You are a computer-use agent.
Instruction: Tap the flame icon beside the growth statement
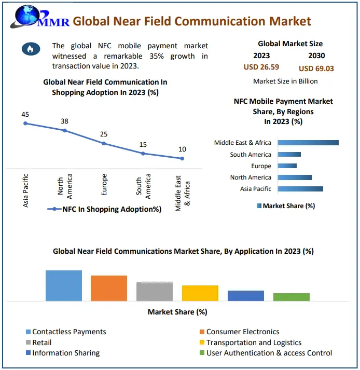[x=30, y=49]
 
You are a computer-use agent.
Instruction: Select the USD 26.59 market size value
[x=261, y=67]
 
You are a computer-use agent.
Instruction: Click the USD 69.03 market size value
[x=316, y=68]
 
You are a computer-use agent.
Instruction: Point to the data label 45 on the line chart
[x=25, y=114]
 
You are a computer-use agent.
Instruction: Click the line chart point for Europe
[x=104, y=143]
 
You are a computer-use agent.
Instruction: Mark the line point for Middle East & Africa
[x=182, y=158]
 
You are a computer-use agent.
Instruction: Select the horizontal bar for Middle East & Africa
[x=308, y=143]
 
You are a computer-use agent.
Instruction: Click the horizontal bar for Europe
[x=287, y=166]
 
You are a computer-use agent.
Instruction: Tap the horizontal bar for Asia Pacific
[x=300, y=189]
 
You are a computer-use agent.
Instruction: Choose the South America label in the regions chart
[x=250, y=155]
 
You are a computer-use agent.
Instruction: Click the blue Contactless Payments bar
[x=64, y=285]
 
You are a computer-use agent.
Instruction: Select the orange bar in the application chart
[x=109, y=288]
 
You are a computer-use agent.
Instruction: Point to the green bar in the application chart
[x=292, y=297]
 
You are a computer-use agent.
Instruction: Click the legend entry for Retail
[x=41, y=342]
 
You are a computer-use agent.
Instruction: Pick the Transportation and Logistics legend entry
[x=253, y=342]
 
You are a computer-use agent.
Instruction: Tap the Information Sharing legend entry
[x=65, y=353]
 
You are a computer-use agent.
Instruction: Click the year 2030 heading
[x=316, y=56]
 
